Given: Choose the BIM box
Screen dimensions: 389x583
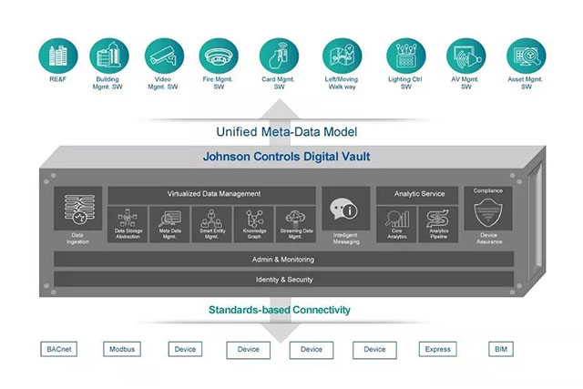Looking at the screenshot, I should coord(500,349).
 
